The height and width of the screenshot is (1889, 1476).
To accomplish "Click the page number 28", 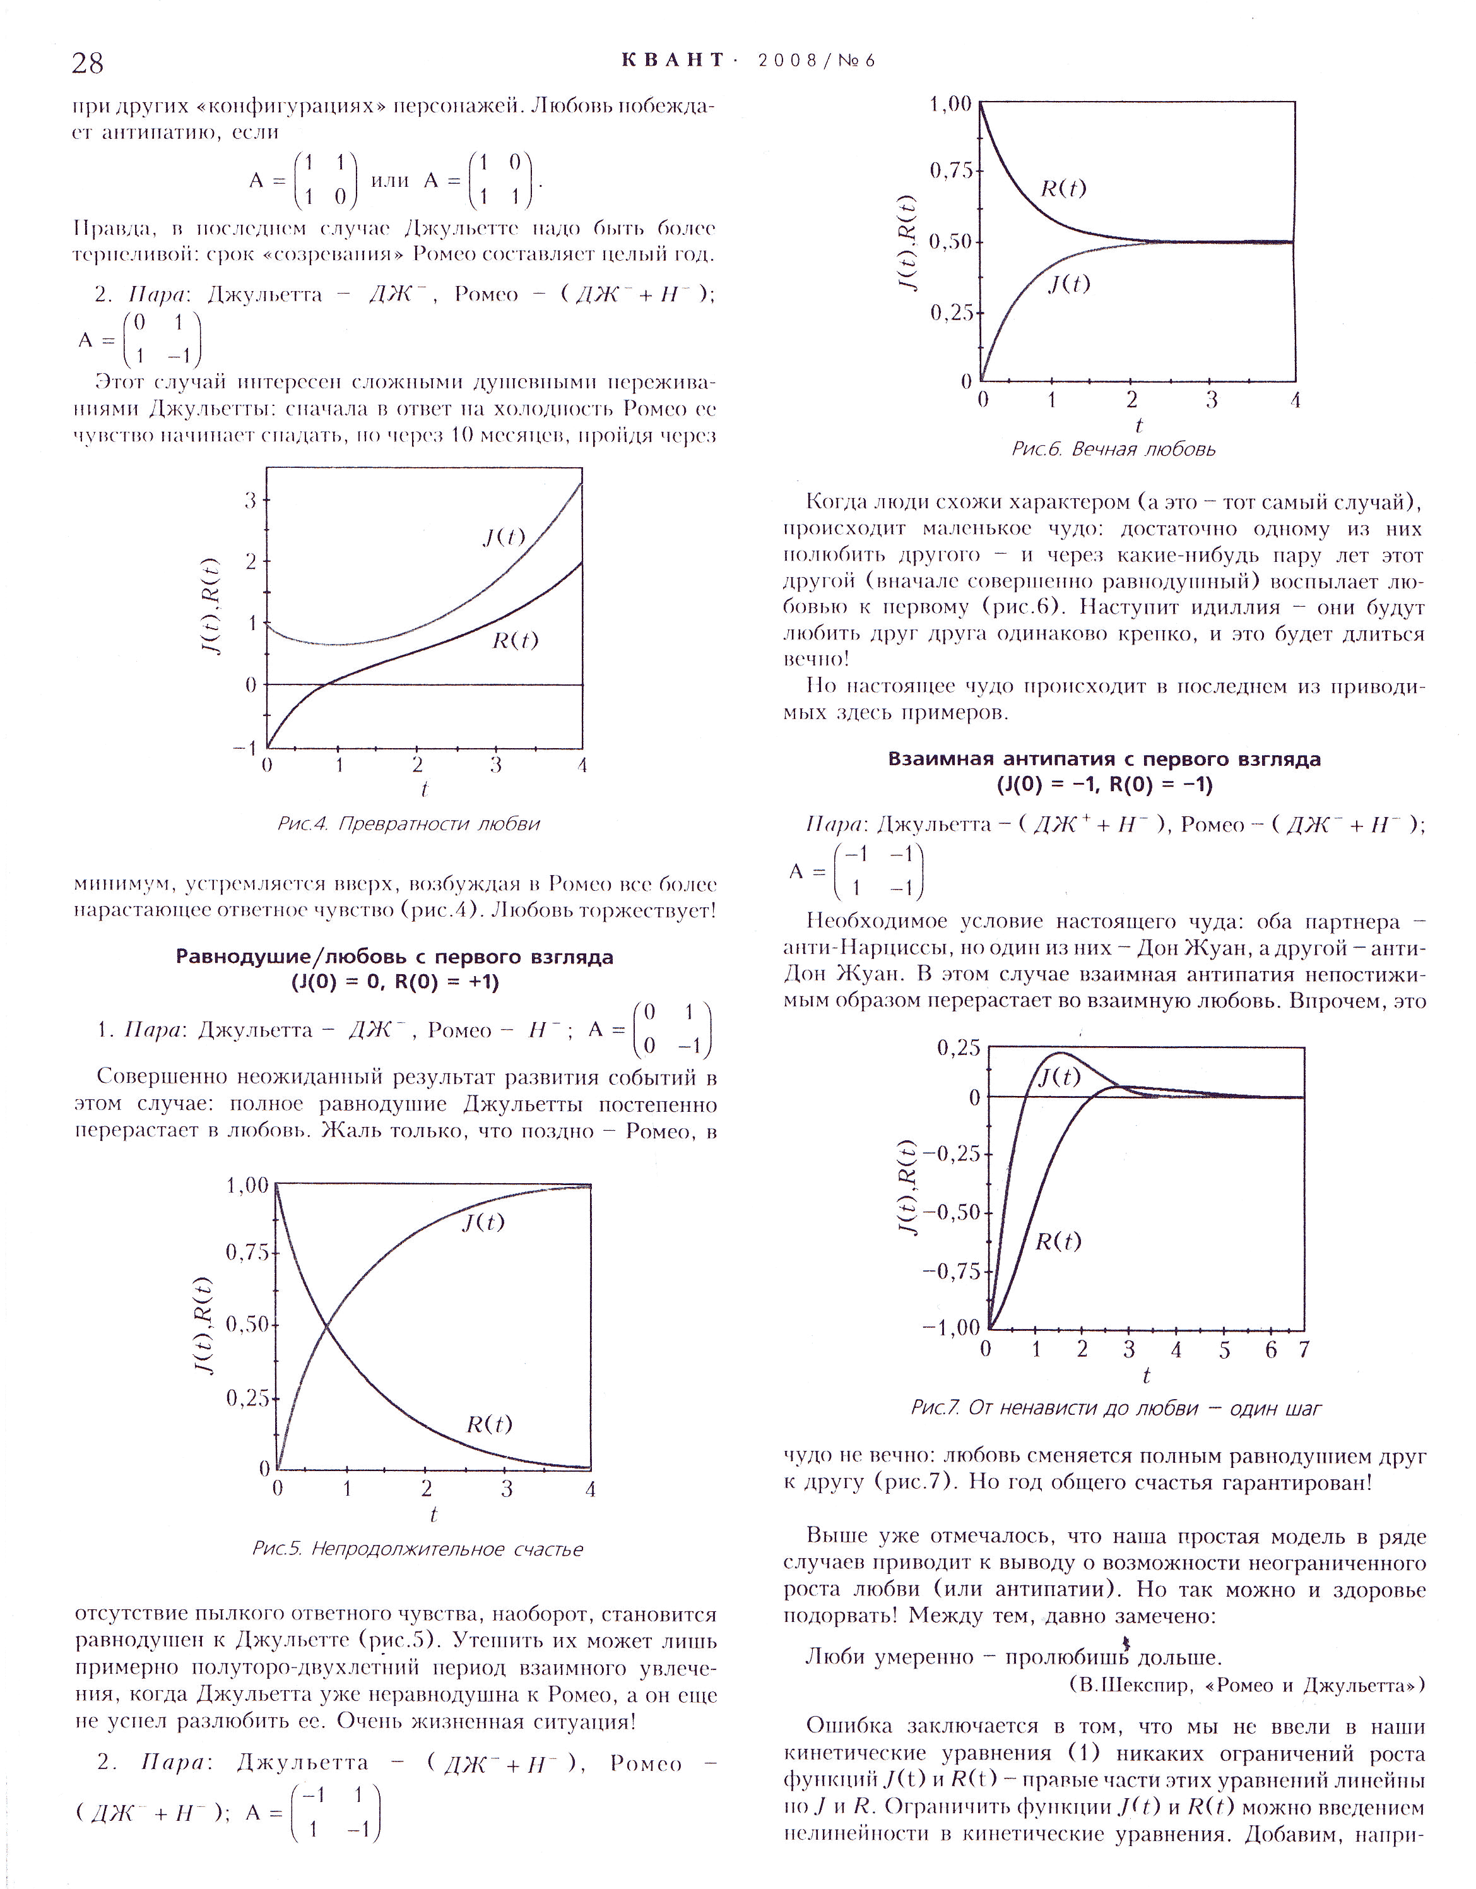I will [x=88, y=63].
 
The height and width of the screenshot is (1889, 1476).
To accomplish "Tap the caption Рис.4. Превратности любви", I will [x=408, y=823].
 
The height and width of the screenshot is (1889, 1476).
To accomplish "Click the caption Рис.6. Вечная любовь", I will [x=1113, y=449].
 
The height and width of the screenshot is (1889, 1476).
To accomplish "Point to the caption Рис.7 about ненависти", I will [x=1116, y=1408].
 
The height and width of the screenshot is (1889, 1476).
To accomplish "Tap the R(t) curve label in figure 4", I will [x=516, y=640].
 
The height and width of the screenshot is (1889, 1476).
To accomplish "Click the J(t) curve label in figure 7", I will [x=1058, y=1077].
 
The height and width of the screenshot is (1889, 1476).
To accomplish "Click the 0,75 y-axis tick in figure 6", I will [x=950, y=171].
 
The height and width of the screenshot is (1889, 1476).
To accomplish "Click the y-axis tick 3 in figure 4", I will [x=251, y=500].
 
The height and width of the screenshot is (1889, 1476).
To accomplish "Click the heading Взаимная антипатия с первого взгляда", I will [x=1104, y=760].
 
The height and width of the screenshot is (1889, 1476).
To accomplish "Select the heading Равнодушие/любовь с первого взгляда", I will [x=395, y=956].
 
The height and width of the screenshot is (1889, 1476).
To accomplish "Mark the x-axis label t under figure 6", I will [x=1139, y=426].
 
